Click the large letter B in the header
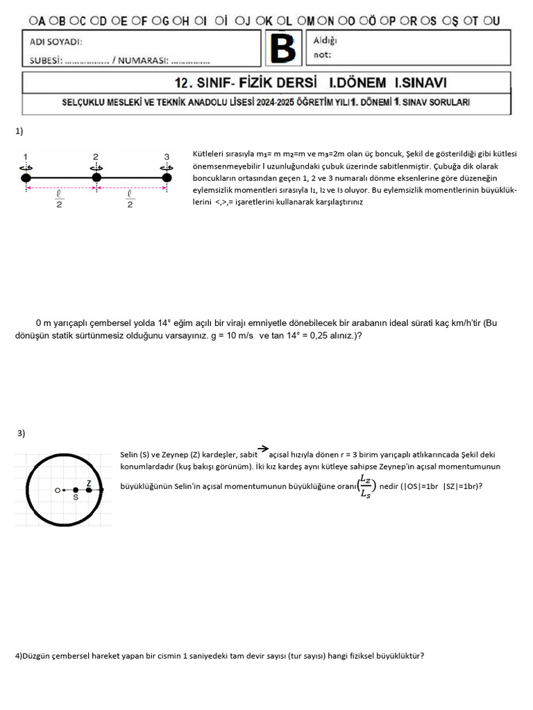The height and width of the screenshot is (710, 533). (x=282, y=49)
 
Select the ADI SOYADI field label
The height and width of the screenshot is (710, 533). (x=56, y=42)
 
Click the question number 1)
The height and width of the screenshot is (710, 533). (x=19, y=130)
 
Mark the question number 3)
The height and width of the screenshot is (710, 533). (x=22, y=433)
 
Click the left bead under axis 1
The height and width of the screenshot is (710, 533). (x=26, y=178)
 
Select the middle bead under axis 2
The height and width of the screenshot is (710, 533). (x=96, y=178)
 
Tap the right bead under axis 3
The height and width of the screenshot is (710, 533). (x=167, y=178)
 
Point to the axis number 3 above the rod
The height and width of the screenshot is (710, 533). (x=167, y=156)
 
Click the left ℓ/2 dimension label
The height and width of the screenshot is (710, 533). (x=59, y=200)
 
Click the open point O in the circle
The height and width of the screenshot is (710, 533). (x=58, y=490)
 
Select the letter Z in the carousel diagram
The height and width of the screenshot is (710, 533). (x=89, y=483)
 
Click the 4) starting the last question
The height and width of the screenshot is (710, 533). (x=19, y=655)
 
